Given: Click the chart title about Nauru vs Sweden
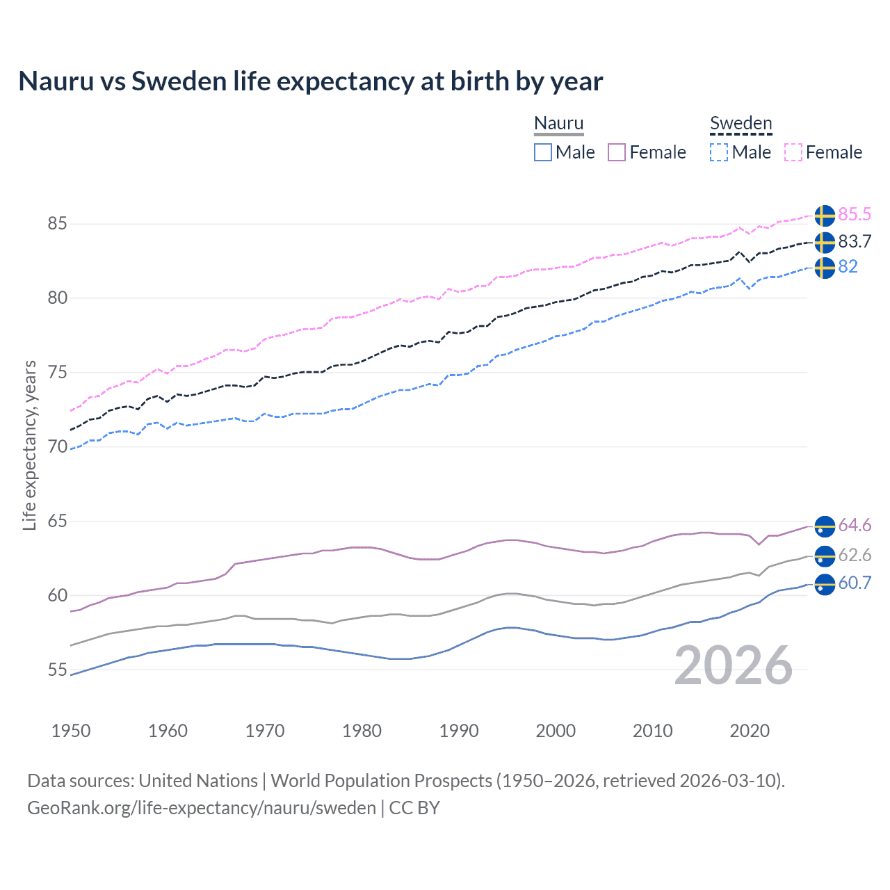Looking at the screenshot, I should [310, 81].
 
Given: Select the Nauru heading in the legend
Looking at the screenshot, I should [558, 123].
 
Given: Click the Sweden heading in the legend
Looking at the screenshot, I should [741, 123].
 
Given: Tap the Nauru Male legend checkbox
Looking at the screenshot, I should [543, 152].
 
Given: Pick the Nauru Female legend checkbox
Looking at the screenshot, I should [617, 152].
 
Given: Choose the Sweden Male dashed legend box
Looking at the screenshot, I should [719, 152].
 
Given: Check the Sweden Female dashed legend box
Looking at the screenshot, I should [793, 152].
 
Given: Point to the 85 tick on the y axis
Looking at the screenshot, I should [58, 224].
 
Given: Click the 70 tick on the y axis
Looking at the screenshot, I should [58, 447].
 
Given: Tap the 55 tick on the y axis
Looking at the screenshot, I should [58, 670].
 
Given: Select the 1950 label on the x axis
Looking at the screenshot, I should [71, 731].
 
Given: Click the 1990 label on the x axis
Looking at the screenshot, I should [459, 731].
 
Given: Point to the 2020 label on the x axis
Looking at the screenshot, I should [750, 731].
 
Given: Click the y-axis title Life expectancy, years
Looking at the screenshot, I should [29, 445].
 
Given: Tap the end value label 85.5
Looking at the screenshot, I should [855, 215].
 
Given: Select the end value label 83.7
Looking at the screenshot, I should [855, 241].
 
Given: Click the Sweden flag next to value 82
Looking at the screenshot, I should [825, 268].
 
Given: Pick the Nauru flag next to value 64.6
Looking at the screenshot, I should [825, 526].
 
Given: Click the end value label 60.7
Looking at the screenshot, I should [855, 583].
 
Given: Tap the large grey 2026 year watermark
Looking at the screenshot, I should [733, 665].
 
